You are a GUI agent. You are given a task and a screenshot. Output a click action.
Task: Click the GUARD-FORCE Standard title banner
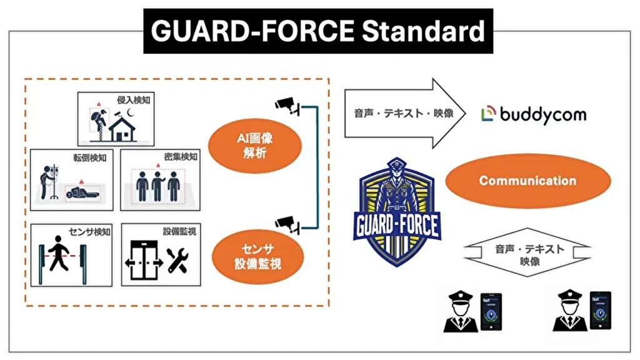(318, 31)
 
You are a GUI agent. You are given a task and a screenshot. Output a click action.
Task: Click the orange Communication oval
(527, 181)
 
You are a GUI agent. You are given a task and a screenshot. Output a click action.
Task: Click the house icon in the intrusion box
(122, 128)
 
